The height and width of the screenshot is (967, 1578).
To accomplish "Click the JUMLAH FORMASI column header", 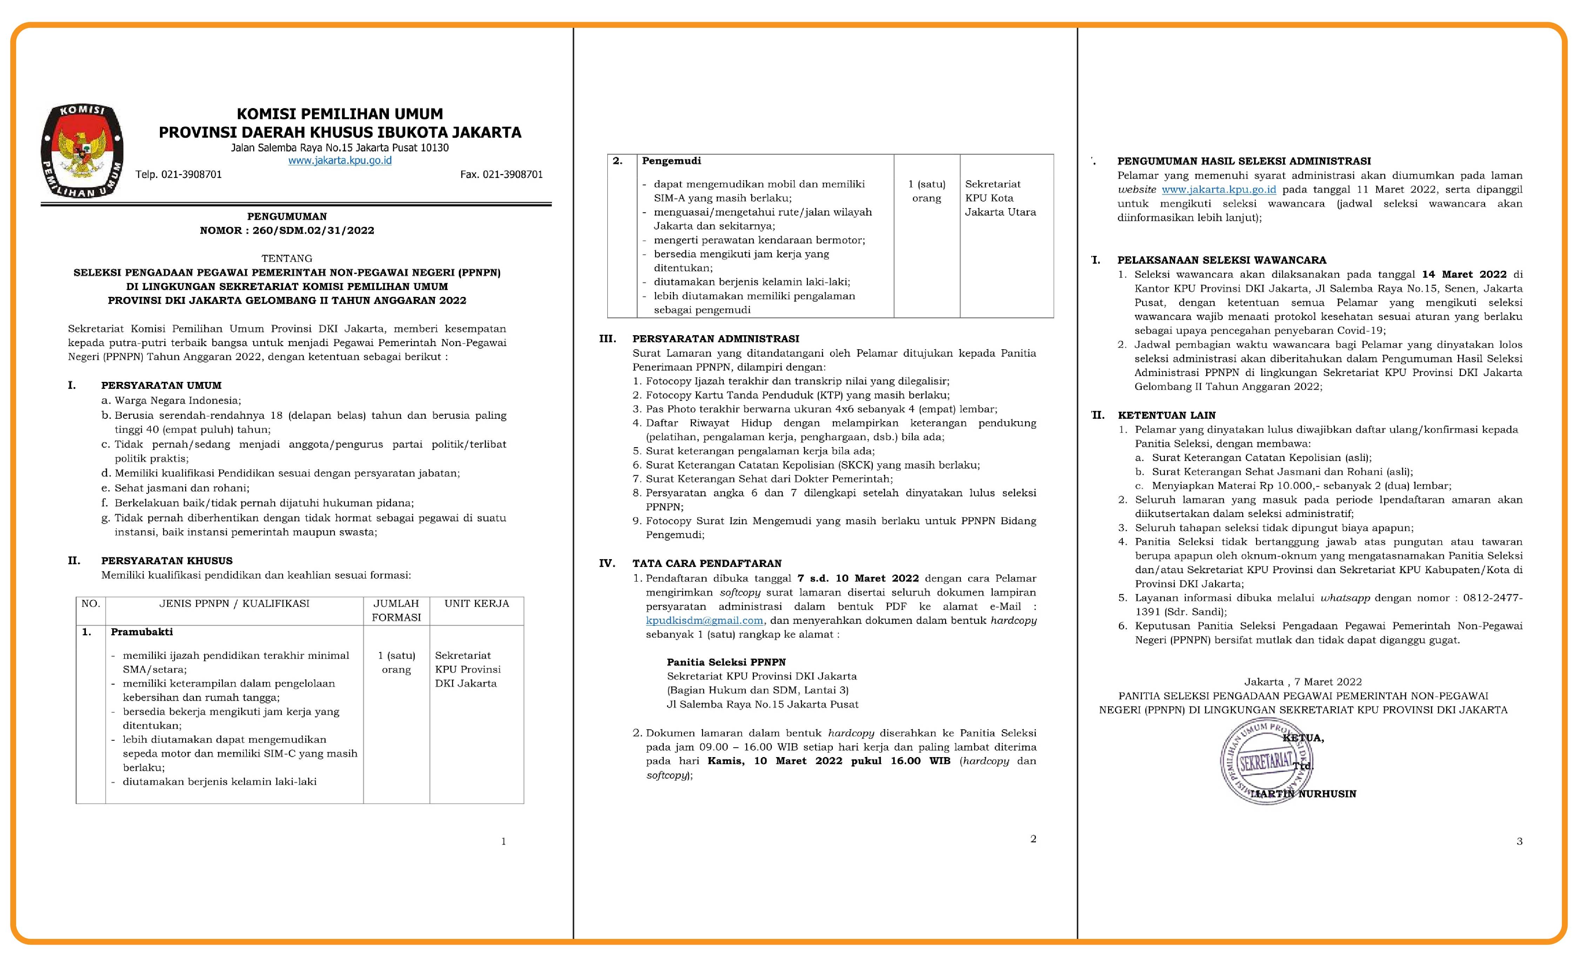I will pyautogui.click(x=396, y=610).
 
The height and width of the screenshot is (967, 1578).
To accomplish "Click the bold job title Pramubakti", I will pyautogui.click(x=142, y=632).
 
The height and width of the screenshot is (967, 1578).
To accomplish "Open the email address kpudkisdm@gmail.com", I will pyautogui.click(x=704, y=620).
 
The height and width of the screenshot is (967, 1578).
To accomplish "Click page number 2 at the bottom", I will pyautogui.click(x=1033, y=839).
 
